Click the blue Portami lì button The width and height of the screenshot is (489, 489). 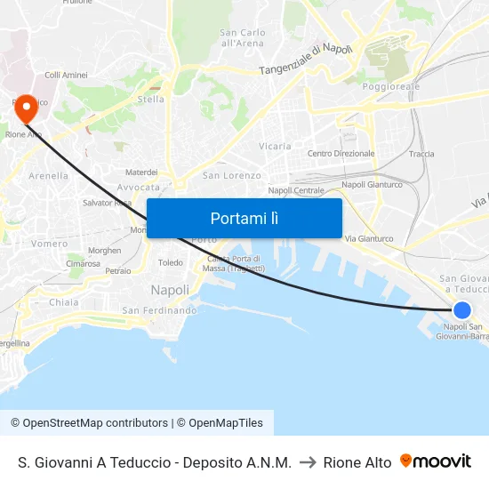pos(244,218)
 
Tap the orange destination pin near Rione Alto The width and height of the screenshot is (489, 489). pos(27,108)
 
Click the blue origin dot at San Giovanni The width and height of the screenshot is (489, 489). pos(461,309)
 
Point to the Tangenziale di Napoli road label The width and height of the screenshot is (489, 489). pos(306,60)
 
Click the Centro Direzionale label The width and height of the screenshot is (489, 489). pos(341,154)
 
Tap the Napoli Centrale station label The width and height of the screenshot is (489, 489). pos(296,190)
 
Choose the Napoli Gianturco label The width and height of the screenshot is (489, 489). pos(372,185)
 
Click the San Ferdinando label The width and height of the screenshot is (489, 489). pos(159,310)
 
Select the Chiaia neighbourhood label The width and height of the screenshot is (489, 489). pos(64,302)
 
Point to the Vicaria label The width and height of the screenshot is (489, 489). pos(275,146)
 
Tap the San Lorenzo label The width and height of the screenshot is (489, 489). pos(232,176)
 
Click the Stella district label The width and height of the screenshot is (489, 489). pos(151,100)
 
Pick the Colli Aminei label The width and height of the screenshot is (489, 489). pos(65,76)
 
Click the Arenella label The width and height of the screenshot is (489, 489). pos(48,176)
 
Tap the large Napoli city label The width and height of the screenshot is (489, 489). pos(170,290)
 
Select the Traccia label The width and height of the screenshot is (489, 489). pos(421,154)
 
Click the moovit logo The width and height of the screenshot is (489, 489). pos(436,461)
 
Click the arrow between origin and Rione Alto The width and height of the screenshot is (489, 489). pos(308,462)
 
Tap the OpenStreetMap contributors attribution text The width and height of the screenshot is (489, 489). pos(89,423)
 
